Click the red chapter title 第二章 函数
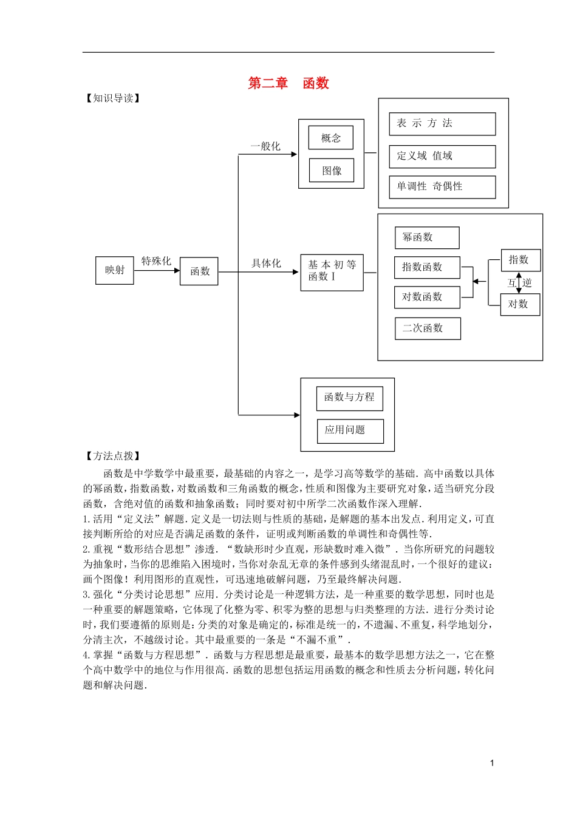[x=288, y=83]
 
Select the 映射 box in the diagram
[x=115, y=270]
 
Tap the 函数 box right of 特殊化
[x=199, y=271]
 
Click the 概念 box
[x=331, y=138]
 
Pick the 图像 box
[x=332, y=171]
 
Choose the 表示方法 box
[x=442, y=124]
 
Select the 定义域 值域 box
[x=442, y=157]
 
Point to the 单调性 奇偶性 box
[x=442, y=187]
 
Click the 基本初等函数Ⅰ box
[x=332, y=271]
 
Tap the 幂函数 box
[x=427, y=237]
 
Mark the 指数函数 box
[x=427, y=267]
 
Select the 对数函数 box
[x=427, y=297]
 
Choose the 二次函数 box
[x=428, y=328]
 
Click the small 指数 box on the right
[x=520, y=260]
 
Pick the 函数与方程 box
[x=349, y=398]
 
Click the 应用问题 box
[x=350, y=430]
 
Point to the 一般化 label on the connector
[x=266, y=146]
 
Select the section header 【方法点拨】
[x=113, y=456]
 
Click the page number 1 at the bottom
[x=492, y=763]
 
